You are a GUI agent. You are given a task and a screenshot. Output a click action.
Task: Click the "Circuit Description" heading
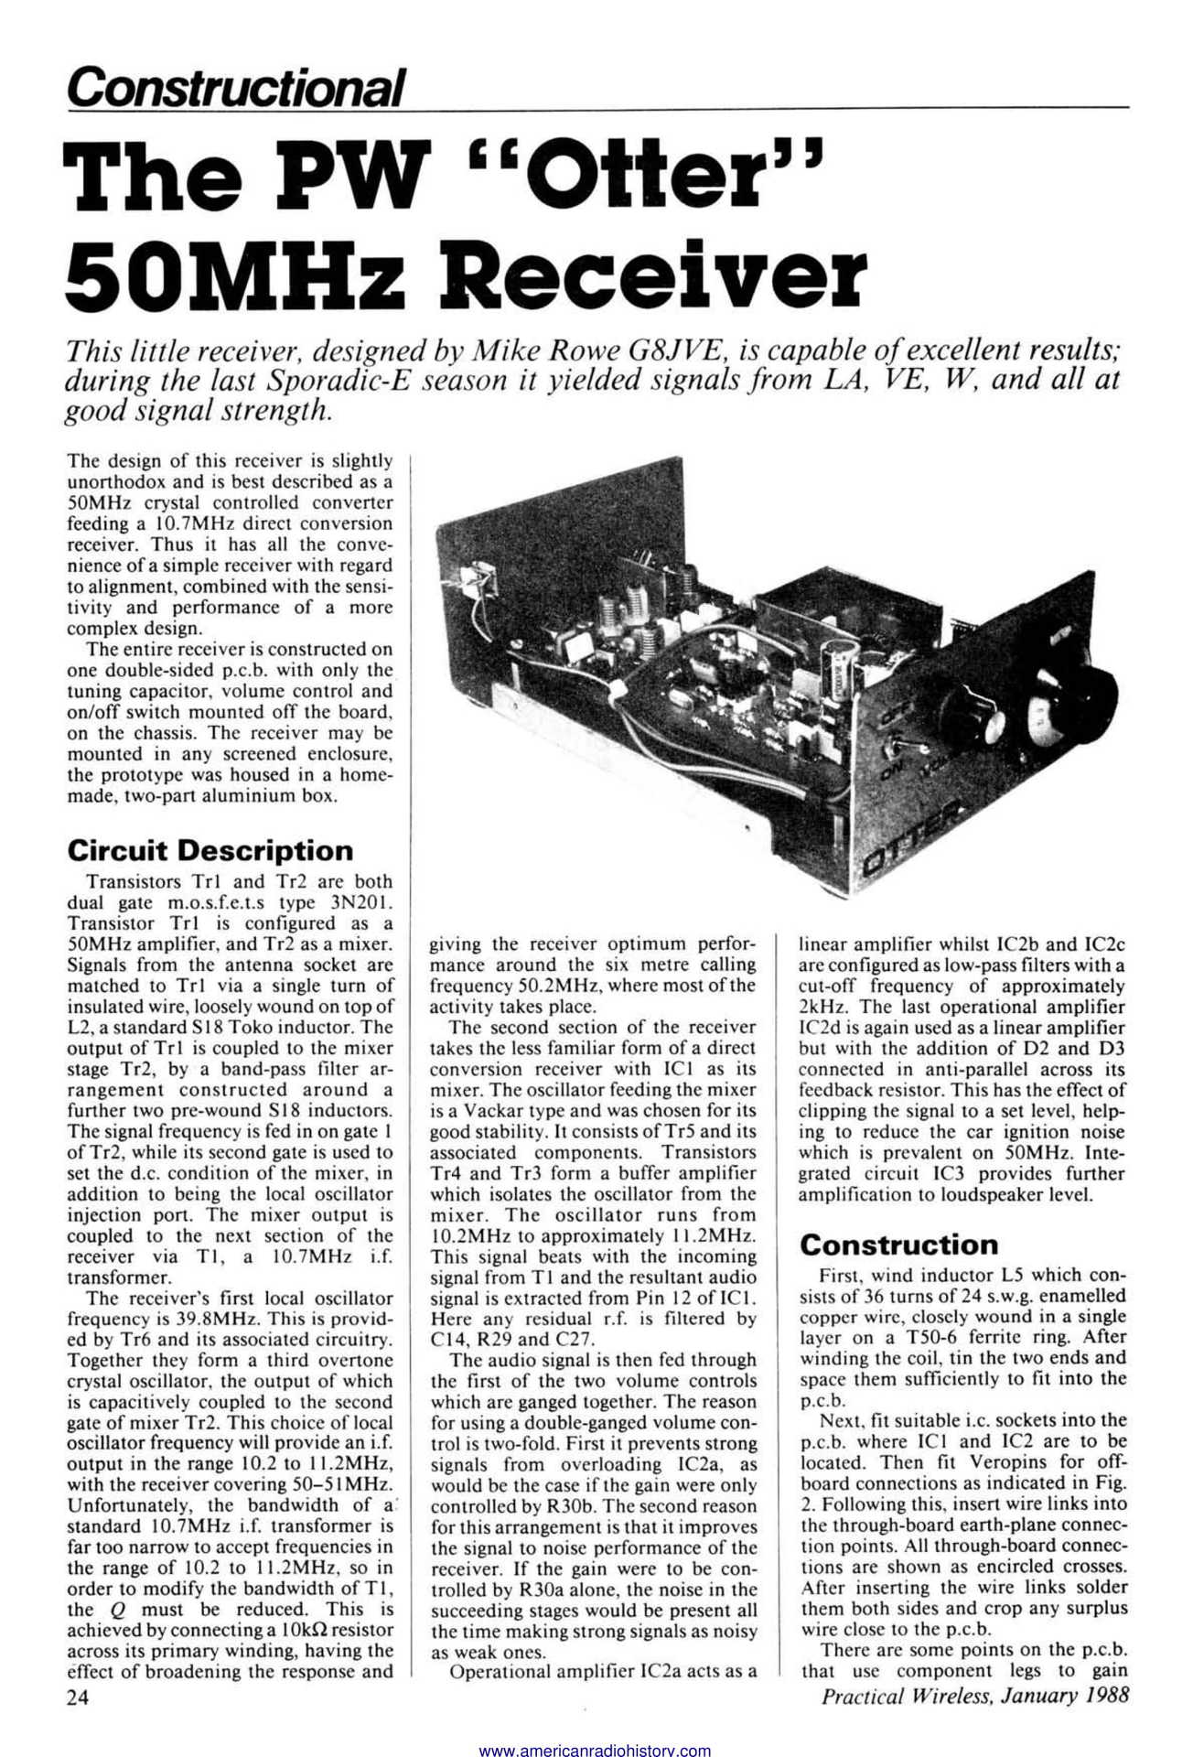[210, 850]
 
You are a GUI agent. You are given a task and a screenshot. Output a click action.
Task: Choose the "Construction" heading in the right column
[898, 1245]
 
